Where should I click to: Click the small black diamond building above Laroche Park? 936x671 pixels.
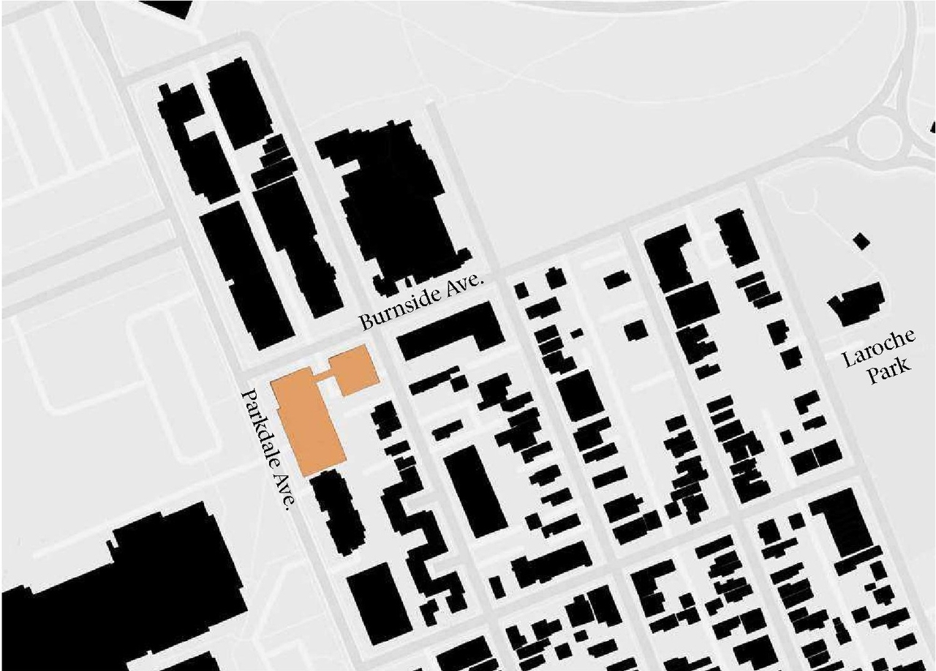[x=861, y=240]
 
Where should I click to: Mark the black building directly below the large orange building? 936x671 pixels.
[x=335, y=512]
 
